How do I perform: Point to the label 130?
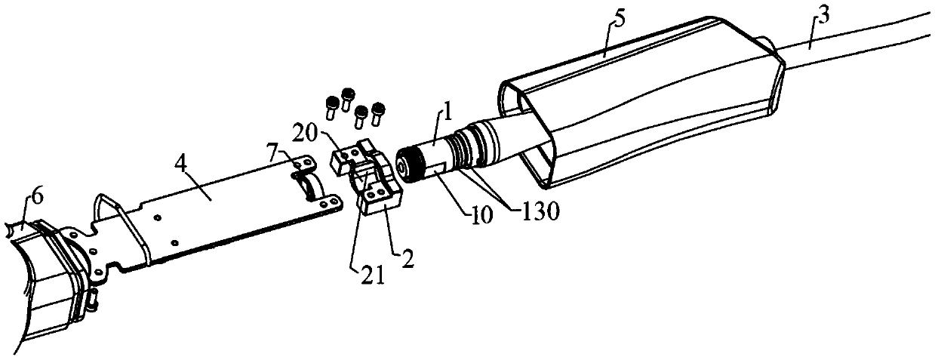coord(537,212)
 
